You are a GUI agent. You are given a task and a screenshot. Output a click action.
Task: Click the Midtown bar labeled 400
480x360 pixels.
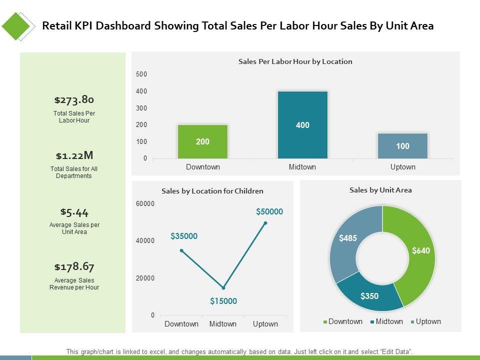pyautogui.click(x=302, y=125)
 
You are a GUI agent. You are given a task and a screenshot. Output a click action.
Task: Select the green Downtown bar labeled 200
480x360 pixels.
pyautogui.click(x=202, y=141)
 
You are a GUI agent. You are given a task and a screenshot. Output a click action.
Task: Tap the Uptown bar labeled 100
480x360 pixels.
pyautogui.click(x=402, y=146)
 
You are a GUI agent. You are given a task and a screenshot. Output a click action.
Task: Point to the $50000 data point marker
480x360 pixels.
pyautogui.click(x=265, y=223)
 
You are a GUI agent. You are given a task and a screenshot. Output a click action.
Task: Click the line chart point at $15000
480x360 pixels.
pyautogui.click(x=223, y=288)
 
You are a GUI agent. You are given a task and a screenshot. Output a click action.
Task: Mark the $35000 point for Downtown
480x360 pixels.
pyautogui.click(x=181, y=250)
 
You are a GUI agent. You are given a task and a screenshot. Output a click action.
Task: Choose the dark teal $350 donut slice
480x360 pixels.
pyautogui.click(x=370, y=295)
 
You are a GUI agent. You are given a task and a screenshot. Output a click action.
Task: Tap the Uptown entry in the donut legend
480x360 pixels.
pyautogui.click(x=425, y=321)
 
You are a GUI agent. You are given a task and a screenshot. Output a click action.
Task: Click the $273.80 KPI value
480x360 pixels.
pyautogui.click(x=74, y=99)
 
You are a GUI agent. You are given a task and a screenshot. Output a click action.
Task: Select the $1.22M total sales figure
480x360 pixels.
pyautogui.click(x=74, y=155)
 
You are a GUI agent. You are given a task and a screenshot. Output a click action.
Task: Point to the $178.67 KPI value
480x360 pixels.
pyautogui.click(x=74, y=266)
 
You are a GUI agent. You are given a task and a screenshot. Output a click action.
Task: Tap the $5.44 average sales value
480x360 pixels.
pyautogui.click(x=74, y=211)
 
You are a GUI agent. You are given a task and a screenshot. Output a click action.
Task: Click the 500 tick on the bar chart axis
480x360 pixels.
pyautogui.click(x=141, y=74)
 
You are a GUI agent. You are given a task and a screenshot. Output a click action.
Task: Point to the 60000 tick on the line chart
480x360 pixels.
pyautogui.click(x=145, y=203)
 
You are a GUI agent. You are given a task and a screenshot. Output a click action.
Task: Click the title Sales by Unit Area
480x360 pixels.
pyautogui.click(x=380, y=190)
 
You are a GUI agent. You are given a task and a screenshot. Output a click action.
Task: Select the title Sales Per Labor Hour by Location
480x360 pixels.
pyautogui.click(x=295, y=61)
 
